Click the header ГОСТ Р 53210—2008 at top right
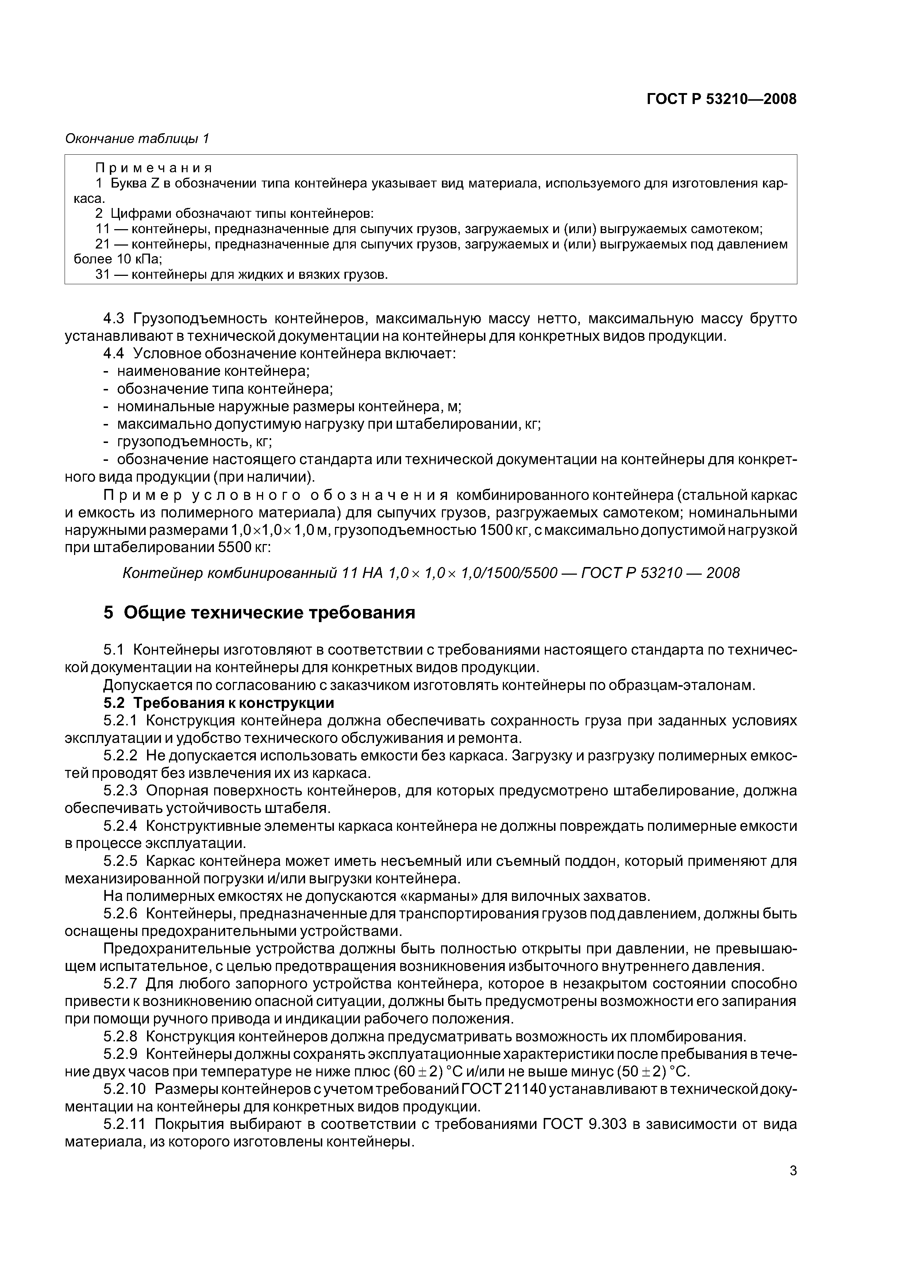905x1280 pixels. [x=721, y=99]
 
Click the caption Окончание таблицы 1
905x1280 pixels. [x=137, y=138]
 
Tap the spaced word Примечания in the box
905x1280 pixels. [x=154, y=168]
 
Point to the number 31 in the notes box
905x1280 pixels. [x=103, y=274]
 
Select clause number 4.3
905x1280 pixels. [x=116, y=319]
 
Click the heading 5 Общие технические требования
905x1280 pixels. [x=259, y=613]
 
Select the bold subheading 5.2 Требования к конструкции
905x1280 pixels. [x=219, y=703]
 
